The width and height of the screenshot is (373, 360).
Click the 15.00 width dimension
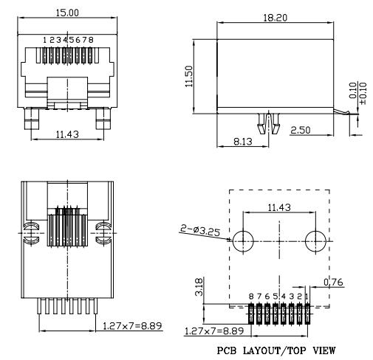tap(67, 13)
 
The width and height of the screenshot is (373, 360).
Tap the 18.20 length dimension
tap(275, 18)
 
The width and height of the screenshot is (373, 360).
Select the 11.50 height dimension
tap(189, 76)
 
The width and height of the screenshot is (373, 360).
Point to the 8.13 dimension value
tap(243, 142)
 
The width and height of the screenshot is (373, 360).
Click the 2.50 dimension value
tap(301, 130)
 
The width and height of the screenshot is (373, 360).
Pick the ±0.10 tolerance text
tap(363, 94)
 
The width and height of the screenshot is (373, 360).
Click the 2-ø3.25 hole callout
tap(200, 231)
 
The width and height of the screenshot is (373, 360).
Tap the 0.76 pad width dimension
tap(333, 283)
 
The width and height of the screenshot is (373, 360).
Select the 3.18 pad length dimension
tap(199, 287)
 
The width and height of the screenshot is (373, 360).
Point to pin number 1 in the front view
tap(45, 40)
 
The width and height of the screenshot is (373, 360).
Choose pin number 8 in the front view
tap(91, 40)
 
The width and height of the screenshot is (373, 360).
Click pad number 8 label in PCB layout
tap(251, 297)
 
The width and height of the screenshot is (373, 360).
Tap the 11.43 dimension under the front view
tap(67, 134)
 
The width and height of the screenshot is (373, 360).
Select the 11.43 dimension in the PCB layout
tap(279, 207)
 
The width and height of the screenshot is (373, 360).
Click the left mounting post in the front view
tap(32, 119)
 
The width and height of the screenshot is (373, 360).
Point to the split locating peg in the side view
tap(269, 123)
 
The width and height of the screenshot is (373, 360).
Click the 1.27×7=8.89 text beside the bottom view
tap(132, 326)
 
